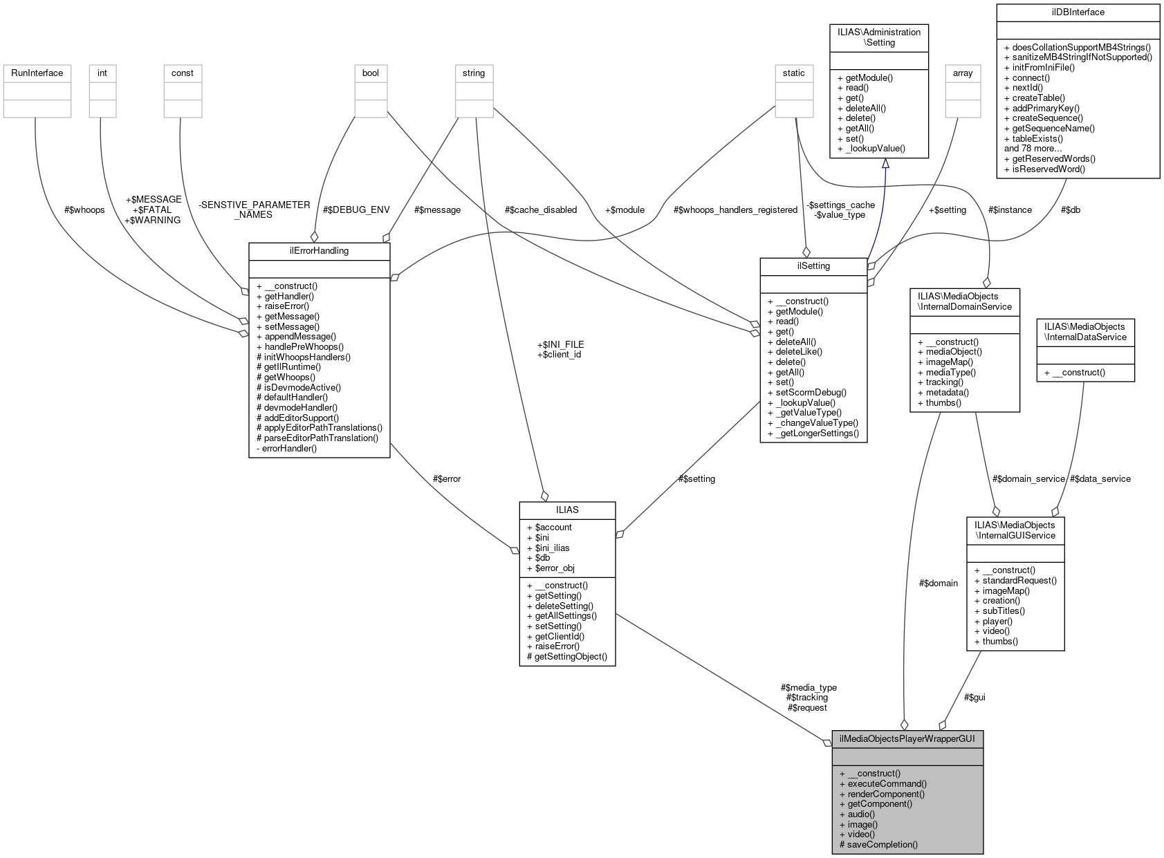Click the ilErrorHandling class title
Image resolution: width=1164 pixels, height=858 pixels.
coord(319,251)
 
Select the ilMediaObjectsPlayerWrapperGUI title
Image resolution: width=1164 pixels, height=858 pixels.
coord(907,739)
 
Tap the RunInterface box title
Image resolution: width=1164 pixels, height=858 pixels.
coord(37,73)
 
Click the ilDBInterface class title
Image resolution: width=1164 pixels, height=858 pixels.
coord(1077,12)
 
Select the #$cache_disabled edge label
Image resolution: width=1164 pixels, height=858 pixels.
coord(540,210)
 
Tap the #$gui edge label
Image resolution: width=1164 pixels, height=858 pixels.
coord(974,698)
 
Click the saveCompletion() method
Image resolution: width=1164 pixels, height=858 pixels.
coord(878,845)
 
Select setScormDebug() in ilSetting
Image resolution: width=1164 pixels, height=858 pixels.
coord(806,393)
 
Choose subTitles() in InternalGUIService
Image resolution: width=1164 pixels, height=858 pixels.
coord(999,611)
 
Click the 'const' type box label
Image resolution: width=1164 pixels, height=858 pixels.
coord(183,73)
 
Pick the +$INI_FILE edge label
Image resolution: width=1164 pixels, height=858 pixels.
coord(560,344)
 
